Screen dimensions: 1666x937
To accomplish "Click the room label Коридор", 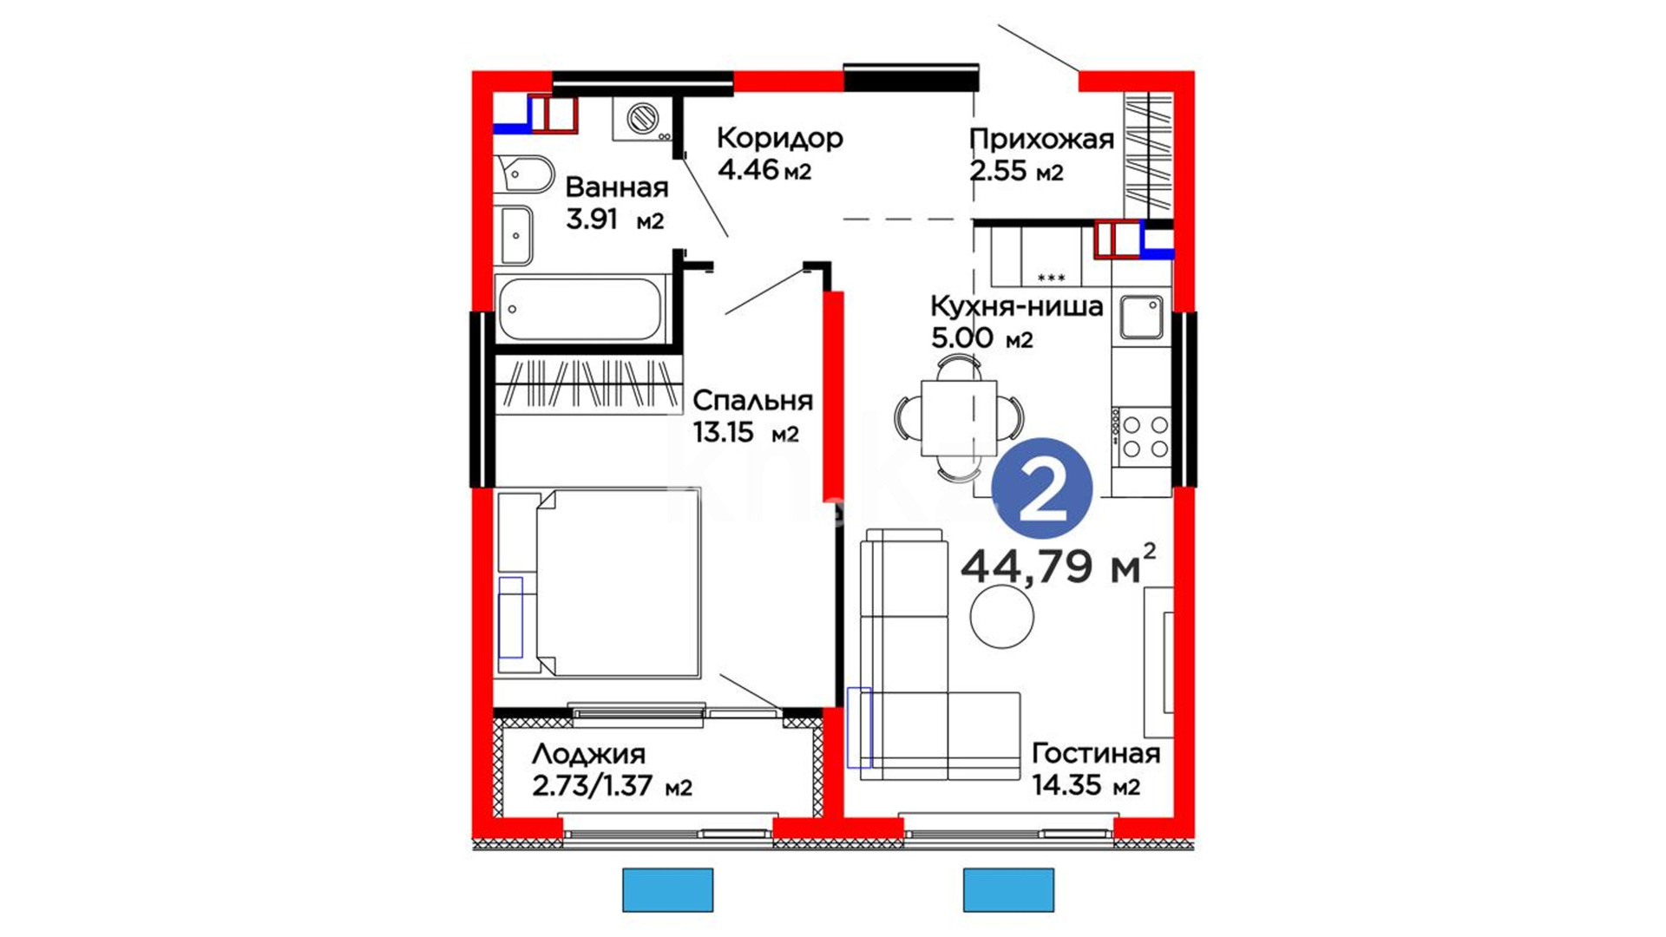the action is tap(779, 138).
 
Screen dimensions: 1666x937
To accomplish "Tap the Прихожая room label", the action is tap(1041, 140).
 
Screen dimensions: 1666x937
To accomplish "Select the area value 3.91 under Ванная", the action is tap(592, 220).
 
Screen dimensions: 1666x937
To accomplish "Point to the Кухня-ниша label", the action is tap(1016, 306).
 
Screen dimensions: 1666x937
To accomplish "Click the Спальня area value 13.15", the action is tap(723, 432).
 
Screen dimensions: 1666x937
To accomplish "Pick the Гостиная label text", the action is tap(1095, 754).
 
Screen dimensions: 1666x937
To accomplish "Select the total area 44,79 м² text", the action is tap(1059, 566).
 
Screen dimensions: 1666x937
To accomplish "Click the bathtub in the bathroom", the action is tap(580, 309).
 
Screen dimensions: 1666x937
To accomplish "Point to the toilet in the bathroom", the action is tap(524, 174).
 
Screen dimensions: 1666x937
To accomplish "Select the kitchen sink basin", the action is tap(1141, 318).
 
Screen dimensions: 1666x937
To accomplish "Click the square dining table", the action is tap(959, 418).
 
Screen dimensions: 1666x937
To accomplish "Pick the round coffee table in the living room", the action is tap(1001, 617).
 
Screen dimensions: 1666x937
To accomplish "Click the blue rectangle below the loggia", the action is tap(668, 890).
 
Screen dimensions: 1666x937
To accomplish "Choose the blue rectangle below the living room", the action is tap(1009, 890).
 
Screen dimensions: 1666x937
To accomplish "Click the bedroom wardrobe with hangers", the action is tap(587, 383).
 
